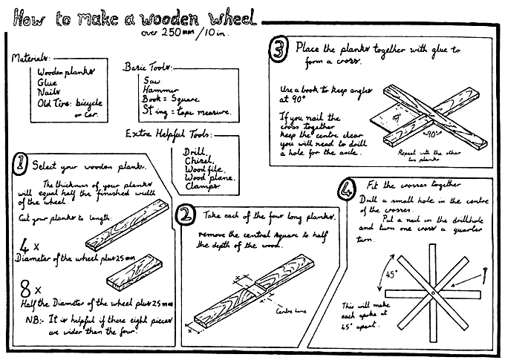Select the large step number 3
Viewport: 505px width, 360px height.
pyautogui.click(x=279, y=50)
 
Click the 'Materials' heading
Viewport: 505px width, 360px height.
pyautogui.click(x=30, y=57)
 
